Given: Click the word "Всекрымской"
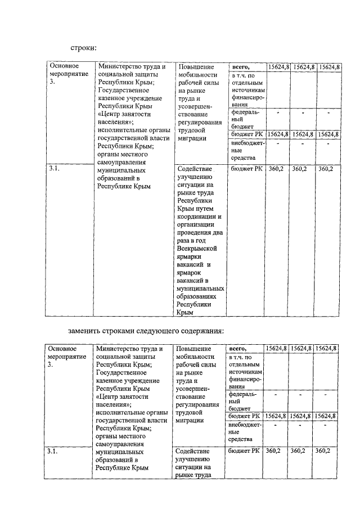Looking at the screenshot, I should pyautogui.click(x=197, y=248).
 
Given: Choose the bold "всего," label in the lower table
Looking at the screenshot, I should pyautogui.click(x=238, y=349).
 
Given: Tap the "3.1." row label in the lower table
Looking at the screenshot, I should pyautogui.click(x=52, y=451).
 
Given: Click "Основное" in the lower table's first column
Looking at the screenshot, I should pyautogui.click(x=62, y=349).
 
